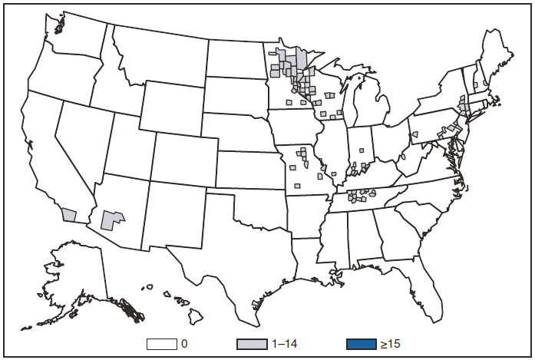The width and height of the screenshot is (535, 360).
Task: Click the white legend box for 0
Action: pos(163,342)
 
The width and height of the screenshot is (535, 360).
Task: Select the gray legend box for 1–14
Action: pos(256,342)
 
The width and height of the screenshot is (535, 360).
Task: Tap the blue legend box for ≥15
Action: pos(361,342)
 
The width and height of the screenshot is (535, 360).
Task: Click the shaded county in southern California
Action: pos(70,216)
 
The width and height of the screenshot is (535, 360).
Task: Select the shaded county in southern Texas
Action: pos(256,305)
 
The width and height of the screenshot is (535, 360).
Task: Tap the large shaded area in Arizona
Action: pos(112,219)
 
